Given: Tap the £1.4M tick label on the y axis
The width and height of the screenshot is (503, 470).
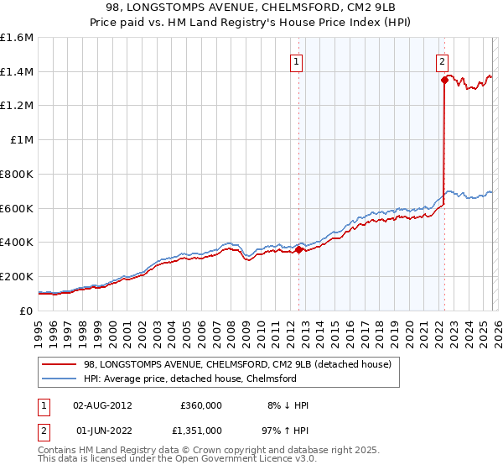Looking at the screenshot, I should point(17,71).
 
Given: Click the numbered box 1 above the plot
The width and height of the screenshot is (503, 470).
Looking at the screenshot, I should point(297,60).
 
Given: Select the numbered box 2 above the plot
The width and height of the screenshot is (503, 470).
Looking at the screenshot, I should point(442,60).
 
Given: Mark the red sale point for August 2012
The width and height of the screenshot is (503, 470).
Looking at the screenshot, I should point(298,249).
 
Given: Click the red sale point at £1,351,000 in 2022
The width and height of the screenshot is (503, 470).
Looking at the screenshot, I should point(443,80).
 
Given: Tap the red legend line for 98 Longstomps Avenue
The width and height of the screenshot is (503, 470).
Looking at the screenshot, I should point(59,365).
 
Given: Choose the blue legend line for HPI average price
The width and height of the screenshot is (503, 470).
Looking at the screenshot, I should point(59,379).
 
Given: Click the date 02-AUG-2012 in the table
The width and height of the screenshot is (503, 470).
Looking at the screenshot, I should point(102,405).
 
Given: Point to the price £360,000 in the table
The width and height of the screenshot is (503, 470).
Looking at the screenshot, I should point(201,405).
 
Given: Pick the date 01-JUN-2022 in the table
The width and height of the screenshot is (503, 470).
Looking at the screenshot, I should point(102,430).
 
